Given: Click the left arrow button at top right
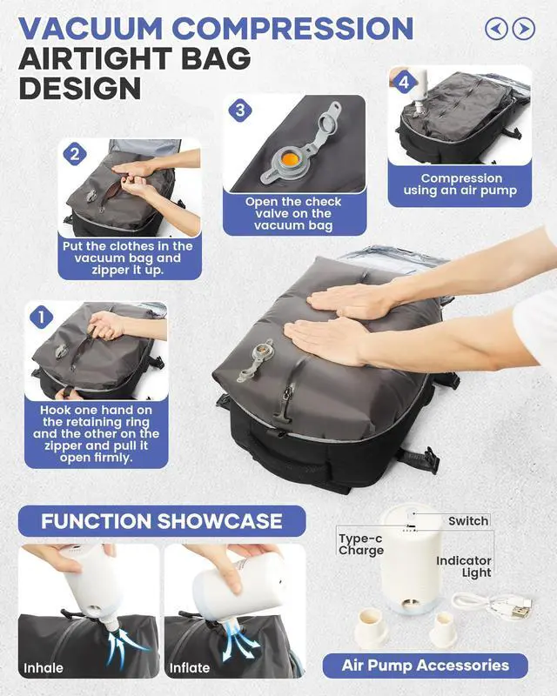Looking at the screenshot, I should coord(496,29).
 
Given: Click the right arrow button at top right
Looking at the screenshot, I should coord(524,29).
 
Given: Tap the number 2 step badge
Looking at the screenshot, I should coord(75,155).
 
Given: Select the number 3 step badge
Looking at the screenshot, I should coord(241,110).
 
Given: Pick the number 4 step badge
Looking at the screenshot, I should coord(403,83).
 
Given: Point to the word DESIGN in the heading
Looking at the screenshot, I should coord(79,87).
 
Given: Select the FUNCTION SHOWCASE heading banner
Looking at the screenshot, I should coord(162,521).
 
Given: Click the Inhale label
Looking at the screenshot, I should coord(44,668).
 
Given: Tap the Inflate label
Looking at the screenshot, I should coord(190,668).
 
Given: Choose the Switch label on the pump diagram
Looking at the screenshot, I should coord(468,521).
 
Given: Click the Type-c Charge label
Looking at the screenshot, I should coord(361,545).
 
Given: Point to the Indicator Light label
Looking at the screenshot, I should coord(464,566).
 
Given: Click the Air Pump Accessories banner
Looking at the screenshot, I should coord(425,666).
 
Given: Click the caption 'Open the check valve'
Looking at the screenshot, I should coord(293,213).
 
